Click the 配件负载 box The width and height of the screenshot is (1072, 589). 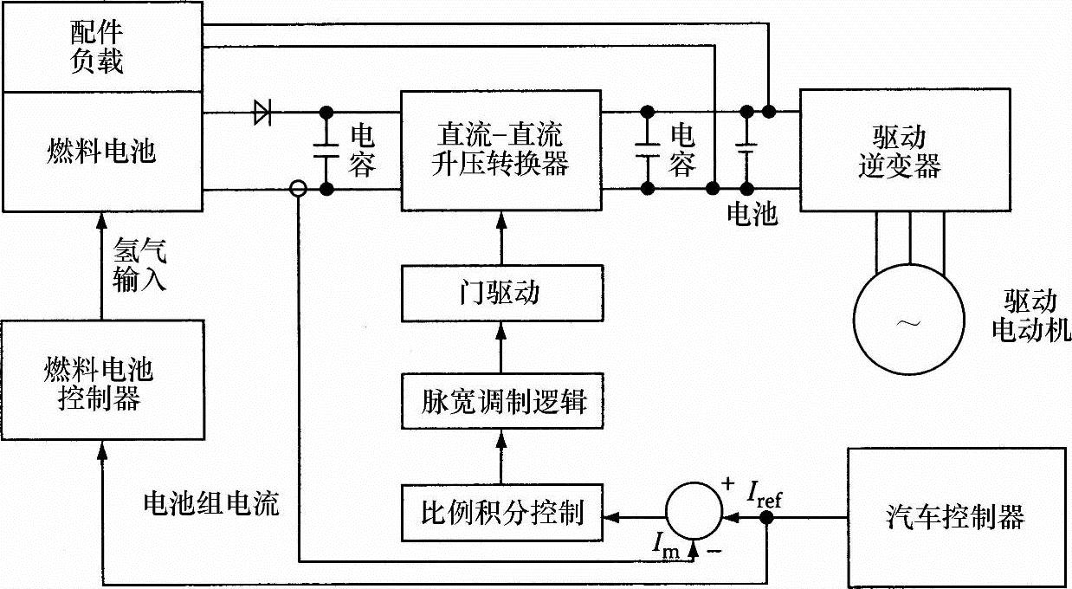point(102,47)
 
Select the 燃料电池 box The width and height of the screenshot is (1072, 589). point(102,152)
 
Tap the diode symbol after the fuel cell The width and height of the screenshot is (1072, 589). point(262,113)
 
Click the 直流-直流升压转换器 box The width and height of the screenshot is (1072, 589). point(501,151)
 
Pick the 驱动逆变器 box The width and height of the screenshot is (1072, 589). point(906,150)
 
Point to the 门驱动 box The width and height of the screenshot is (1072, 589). point(502,293)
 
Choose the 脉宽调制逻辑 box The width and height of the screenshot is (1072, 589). point(502,401)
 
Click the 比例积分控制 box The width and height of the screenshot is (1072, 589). point(502,513)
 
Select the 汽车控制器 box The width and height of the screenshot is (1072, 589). point(958,519)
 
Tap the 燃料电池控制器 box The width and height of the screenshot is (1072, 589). point(102,379)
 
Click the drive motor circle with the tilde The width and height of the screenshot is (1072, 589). point(909,320)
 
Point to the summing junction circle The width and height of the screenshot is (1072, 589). point(694,511)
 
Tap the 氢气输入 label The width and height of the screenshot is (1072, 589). point(139,265)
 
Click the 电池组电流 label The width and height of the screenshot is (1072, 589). point(211,503)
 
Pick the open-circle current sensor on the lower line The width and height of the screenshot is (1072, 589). point(298,189)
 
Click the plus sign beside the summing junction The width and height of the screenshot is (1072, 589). point(727,483)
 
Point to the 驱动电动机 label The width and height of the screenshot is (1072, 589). point(1030,316)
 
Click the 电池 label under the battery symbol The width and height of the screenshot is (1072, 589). point(752,213)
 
